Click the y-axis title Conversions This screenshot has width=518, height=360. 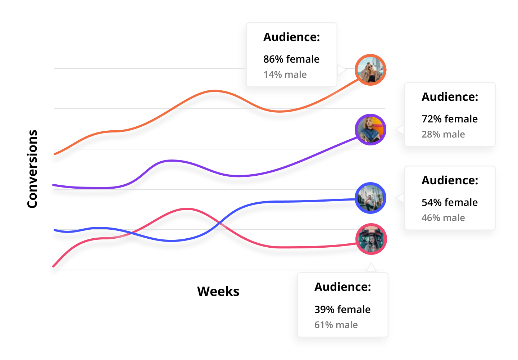[32, 169]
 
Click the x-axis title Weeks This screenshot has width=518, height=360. [218, 291]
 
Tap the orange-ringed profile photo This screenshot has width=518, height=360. [371, 70]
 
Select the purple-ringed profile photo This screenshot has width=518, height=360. [371, 130]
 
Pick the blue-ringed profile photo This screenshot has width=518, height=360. [371, 198]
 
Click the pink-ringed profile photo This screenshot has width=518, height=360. [371, 239]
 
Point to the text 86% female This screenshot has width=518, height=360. [291, 59]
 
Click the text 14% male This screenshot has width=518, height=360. [285, 75]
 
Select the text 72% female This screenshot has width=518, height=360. [449, 119]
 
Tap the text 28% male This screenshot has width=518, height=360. [443, 134]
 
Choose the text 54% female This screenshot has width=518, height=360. [449, 202]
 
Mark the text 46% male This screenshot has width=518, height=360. [443, 218]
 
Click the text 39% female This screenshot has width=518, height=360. [342, 309]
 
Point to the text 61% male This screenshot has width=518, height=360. [336, 325]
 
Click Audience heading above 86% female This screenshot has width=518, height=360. [291, 37]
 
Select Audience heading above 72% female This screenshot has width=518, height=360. [450, 97]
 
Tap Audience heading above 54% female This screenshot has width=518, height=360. [450, 180]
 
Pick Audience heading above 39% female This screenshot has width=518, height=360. [342, 287]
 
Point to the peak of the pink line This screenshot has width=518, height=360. [187, 209]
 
